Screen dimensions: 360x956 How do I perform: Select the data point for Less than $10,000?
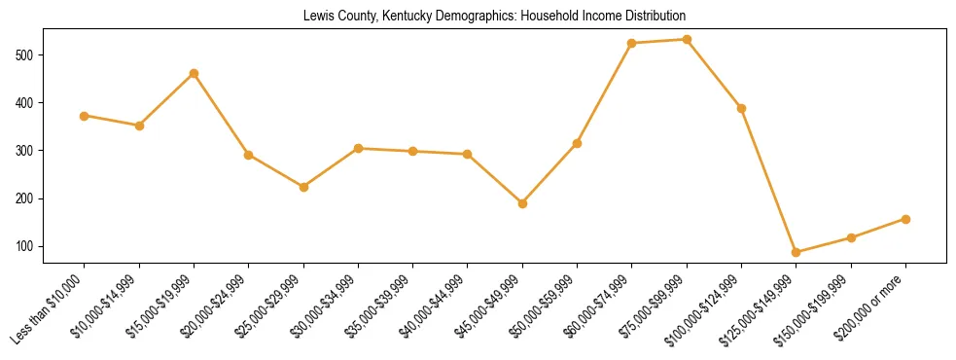[x=85, y=116]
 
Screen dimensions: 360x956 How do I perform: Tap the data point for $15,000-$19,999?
[x=195, y=73]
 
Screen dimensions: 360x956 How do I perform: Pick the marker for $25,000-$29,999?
[x=303, y=187]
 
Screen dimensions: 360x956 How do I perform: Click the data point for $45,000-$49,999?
[x=522, y=203]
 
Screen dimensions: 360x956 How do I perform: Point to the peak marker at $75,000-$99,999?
[x=687, y=39]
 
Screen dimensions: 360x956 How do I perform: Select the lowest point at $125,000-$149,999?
[x=797, y=252]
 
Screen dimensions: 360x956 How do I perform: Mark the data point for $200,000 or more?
[x=905, y=219]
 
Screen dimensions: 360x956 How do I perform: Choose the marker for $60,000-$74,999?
[x=632, y=43]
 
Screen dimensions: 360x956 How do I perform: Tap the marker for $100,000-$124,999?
[x=741, y=108]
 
